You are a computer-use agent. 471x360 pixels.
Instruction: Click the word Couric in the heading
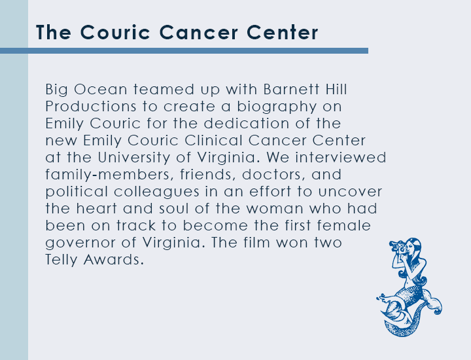coord(115,32)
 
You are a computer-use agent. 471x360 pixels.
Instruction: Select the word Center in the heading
coord(283,32)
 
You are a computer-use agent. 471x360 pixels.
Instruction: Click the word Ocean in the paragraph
coord(101,89)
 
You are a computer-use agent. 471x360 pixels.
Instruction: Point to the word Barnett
coord(290,89)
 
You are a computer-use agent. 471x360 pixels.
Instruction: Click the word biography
coord(277,107)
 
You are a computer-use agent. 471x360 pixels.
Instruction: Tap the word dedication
coord(247,123)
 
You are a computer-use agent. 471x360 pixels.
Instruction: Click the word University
coord(134,158)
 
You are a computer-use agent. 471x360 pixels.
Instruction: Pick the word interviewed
coord(341,157)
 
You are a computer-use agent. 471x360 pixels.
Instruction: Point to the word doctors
coord(273,175)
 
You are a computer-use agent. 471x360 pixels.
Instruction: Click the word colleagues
coord(156,192)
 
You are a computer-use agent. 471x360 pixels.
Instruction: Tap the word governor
coord(80,243)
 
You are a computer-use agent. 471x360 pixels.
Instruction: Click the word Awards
coord(114,260)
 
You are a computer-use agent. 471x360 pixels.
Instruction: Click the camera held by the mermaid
coord(398,246)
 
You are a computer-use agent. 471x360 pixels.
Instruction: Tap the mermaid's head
coord(413,245)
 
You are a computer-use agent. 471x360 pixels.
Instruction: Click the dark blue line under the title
coord(184,51)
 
